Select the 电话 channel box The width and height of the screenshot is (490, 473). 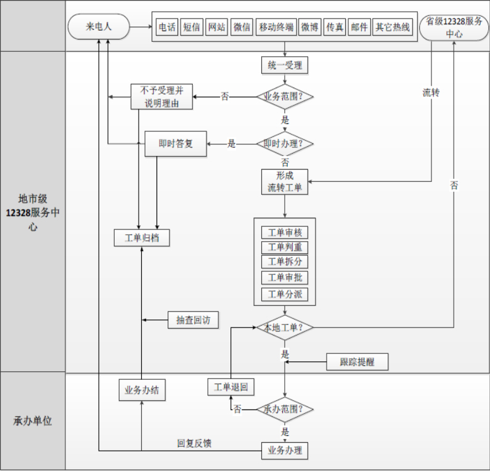click(x=167, y=28)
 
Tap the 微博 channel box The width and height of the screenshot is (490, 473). click(x=310, y=28)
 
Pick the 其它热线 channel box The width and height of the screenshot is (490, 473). click(x=393, y=28)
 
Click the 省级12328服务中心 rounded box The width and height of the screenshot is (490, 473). click(x=454, y=28)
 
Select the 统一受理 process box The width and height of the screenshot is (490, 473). click(x=285, y=65)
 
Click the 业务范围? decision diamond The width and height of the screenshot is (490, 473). click(x=285, y=96)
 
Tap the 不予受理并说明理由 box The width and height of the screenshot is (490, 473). click(x=161, y=97)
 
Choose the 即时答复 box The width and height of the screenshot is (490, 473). click(x=176, y=144)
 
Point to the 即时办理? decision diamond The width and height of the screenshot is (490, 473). click(x=285, y=144)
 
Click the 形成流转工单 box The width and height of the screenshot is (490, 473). click(x=285, y=181)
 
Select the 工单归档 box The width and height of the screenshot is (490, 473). click(x=141, y=237)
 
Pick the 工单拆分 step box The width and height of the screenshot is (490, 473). click(x=285, y=262)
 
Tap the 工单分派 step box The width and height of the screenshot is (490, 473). click(x=285, y=294)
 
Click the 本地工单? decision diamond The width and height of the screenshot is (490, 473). click(x=285, y=327)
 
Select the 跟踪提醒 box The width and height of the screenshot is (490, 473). click(x=357, y=361)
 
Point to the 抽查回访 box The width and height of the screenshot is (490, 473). click(x=193, y=319)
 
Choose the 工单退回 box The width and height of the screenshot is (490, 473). click(x=231, y=387)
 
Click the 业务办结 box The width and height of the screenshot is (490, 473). click(x=141, y=390)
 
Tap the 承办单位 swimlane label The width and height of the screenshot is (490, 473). click(x=33, y=421)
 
